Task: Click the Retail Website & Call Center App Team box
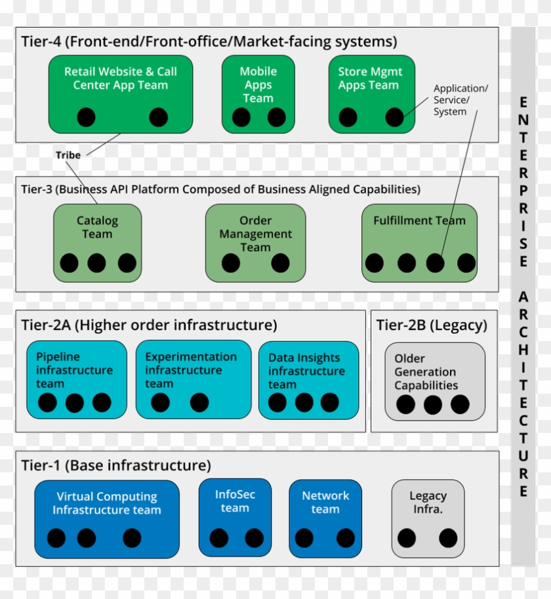121,94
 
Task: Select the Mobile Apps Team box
258,94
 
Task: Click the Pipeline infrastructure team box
77,380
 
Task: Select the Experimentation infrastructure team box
194,380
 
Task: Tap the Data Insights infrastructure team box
309,380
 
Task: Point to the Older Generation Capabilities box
435,381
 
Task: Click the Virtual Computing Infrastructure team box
107,518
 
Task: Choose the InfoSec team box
235,518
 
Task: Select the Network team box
325,518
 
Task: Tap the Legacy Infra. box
428,518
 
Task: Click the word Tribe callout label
68,155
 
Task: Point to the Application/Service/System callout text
460,100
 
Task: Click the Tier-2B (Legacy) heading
432,325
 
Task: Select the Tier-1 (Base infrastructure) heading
116,466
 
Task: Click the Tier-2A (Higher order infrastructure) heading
149,325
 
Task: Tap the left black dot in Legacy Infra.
407,539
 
